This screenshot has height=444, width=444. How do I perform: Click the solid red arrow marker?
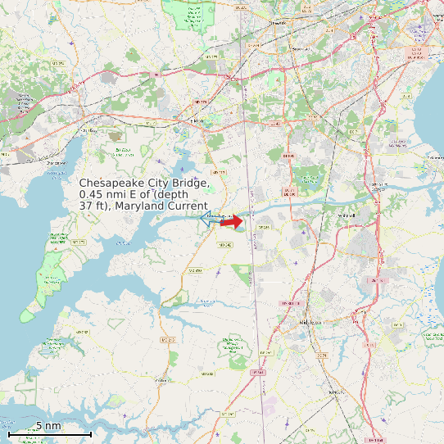[233, 221]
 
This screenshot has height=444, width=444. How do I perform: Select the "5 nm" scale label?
[48, 426]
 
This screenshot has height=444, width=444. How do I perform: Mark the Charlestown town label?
[85, 130]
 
